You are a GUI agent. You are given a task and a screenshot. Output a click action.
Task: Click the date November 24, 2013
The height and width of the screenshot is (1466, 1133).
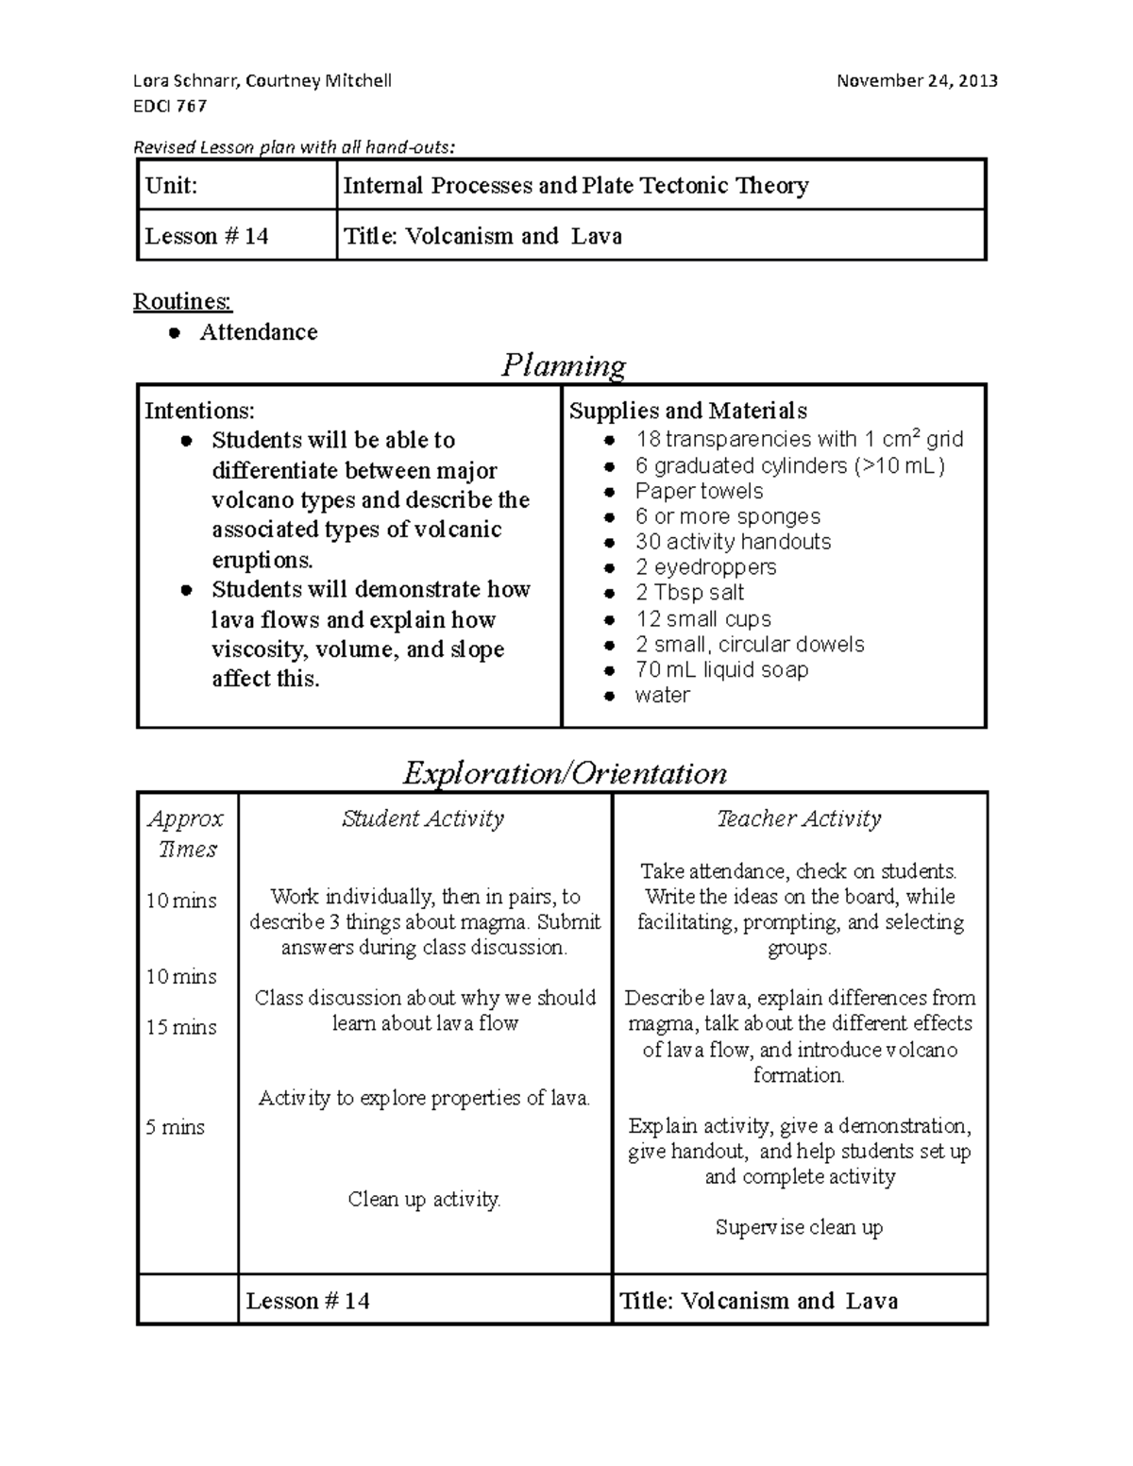coord(917,80)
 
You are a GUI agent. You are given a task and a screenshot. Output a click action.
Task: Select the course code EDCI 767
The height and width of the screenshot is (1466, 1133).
coord(170,106)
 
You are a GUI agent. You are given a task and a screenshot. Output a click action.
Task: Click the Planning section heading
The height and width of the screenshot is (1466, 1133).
coord(564,365)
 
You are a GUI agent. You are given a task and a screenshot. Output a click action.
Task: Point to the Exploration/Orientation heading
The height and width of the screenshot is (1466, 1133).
coord(565,773)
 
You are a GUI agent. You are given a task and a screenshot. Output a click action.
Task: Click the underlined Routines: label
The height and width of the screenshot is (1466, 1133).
coord(182,301)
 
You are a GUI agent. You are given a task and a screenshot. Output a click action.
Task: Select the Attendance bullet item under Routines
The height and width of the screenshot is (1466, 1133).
coord(258,332)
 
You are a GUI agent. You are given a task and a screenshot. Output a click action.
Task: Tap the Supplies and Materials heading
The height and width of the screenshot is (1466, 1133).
coord(687,411)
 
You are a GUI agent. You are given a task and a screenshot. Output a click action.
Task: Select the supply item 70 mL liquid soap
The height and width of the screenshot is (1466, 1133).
coord(721,669)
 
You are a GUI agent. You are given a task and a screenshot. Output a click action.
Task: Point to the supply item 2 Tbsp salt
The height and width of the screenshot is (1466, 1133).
coord(689,593)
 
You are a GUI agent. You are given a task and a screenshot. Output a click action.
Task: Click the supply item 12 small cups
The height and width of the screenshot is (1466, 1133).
coord(702,618)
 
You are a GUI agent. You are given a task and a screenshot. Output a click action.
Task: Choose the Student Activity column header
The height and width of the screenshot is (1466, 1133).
coord(423,818)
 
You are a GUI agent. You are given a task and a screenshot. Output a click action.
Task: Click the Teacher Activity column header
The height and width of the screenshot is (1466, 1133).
coord(799,818)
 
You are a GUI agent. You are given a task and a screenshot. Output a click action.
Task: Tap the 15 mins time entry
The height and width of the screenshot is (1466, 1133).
coord(181,1027)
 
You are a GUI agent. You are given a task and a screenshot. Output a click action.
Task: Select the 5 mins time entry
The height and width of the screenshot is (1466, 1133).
coord(175,1127)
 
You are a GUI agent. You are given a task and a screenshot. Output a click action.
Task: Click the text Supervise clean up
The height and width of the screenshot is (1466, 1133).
coord(799,1227)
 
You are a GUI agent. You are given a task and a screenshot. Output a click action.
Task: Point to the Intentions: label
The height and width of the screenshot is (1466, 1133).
coord(199,411)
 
